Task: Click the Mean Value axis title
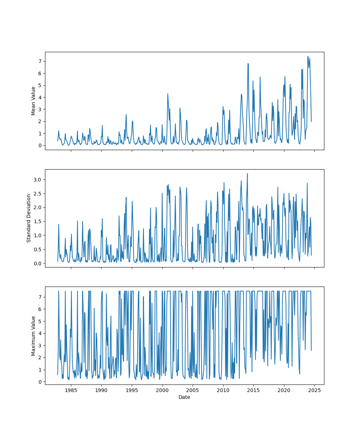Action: [x=33, y=101]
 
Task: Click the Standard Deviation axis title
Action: [x=29, y=218]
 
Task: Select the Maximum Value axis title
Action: [x=33, y=336]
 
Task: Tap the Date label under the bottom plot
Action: [x=184, y=397]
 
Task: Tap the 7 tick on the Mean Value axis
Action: [x=40, y=61]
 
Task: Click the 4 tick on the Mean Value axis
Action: [x=40, y=97]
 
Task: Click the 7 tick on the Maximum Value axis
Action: [x=40, y=297]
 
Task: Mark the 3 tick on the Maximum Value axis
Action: [x=40, y=346]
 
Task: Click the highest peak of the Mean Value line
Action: [x=308, y=56]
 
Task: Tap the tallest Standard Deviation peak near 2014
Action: [x=247, y=174]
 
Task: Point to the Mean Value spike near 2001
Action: [x=168, y=94]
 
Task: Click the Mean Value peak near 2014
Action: [x=248, y=63]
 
